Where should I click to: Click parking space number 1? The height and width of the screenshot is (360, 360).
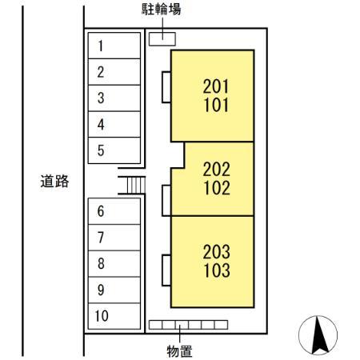[114, 46]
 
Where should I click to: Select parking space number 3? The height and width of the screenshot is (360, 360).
[114, 98]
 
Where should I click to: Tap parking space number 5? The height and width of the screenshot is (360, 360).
[114, 150]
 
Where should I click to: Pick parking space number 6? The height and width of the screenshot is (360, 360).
[114, 211]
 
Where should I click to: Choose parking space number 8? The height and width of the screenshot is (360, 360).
[114, 263]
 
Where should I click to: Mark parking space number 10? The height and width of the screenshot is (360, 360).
[114, 316]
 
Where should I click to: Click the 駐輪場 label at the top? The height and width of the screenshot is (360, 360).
[161, 10]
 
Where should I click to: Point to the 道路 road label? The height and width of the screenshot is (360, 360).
[54, 182]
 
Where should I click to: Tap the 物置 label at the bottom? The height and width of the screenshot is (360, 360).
[179, 351]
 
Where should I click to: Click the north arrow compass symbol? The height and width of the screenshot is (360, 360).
[318, 335]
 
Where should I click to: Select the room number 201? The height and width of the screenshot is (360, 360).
[216, 86]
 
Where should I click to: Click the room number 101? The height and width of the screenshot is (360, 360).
[216, 105]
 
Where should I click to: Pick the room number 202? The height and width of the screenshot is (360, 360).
[216, 169]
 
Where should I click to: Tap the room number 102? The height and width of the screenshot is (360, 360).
[217, 188]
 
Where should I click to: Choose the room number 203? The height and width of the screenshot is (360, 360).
[216, 252]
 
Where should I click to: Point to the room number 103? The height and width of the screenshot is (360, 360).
[217, 270]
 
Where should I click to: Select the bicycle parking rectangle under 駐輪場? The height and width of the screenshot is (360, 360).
[162, 39]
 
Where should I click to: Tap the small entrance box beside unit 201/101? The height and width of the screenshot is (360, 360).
[166, 87]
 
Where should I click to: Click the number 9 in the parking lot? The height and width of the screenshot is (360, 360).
[101, 290]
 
